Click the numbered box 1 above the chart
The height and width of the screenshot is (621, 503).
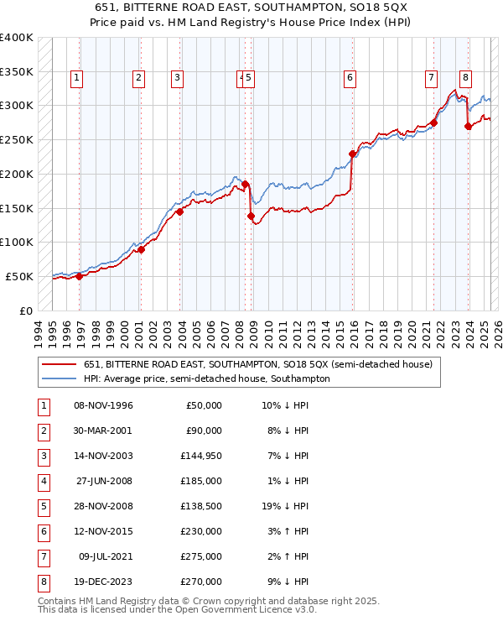tap(76, 79)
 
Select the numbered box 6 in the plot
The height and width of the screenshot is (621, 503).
tap(349, 79)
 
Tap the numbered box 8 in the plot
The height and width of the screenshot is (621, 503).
tap(464, 79)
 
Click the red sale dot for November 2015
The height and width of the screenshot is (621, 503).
tap(352, 154)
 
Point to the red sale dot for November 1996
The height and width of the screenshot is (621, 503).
tap(80, 276)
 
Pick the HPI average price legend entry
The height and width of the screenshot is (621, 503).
tap(206, 379)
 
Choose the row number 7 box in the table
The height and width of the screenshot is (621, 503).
tap(43, 557)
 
